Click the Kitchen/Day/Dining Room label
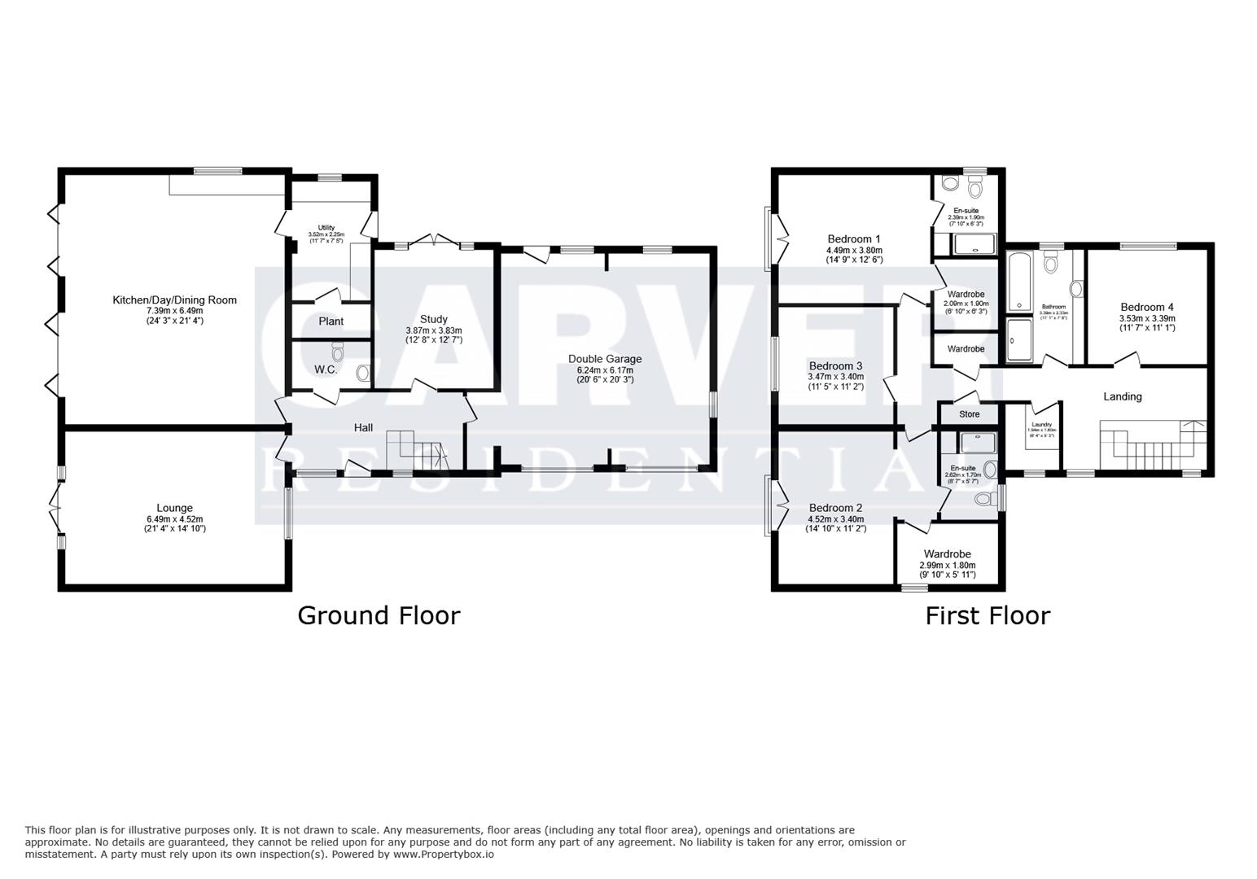point(174,300)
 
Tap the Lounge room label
point(174,508)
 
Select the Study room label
point(433,319)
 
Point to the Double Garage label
point(604,358)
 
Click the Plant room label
point(331,321)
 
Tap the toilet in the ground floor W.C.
point(338,352)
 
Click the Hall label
point(363,427)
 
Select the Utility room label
point(326,227)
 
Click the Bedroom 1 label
point(854,239)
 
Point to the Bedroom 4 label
point(1146,307)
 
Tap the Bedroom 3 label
point(835,365)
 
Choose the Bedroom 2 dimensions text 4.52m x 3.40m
point(835,519)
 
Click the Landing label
point(1122,396)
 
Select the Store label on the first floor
point(969,414)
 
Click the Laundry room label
point(1042,424)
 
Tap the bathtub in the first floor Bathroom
point(1018,281)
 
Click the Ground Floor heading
point(379,615)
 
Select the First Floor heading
point(987,615)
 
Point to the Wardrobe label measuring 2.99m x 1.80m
point(947,554)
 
